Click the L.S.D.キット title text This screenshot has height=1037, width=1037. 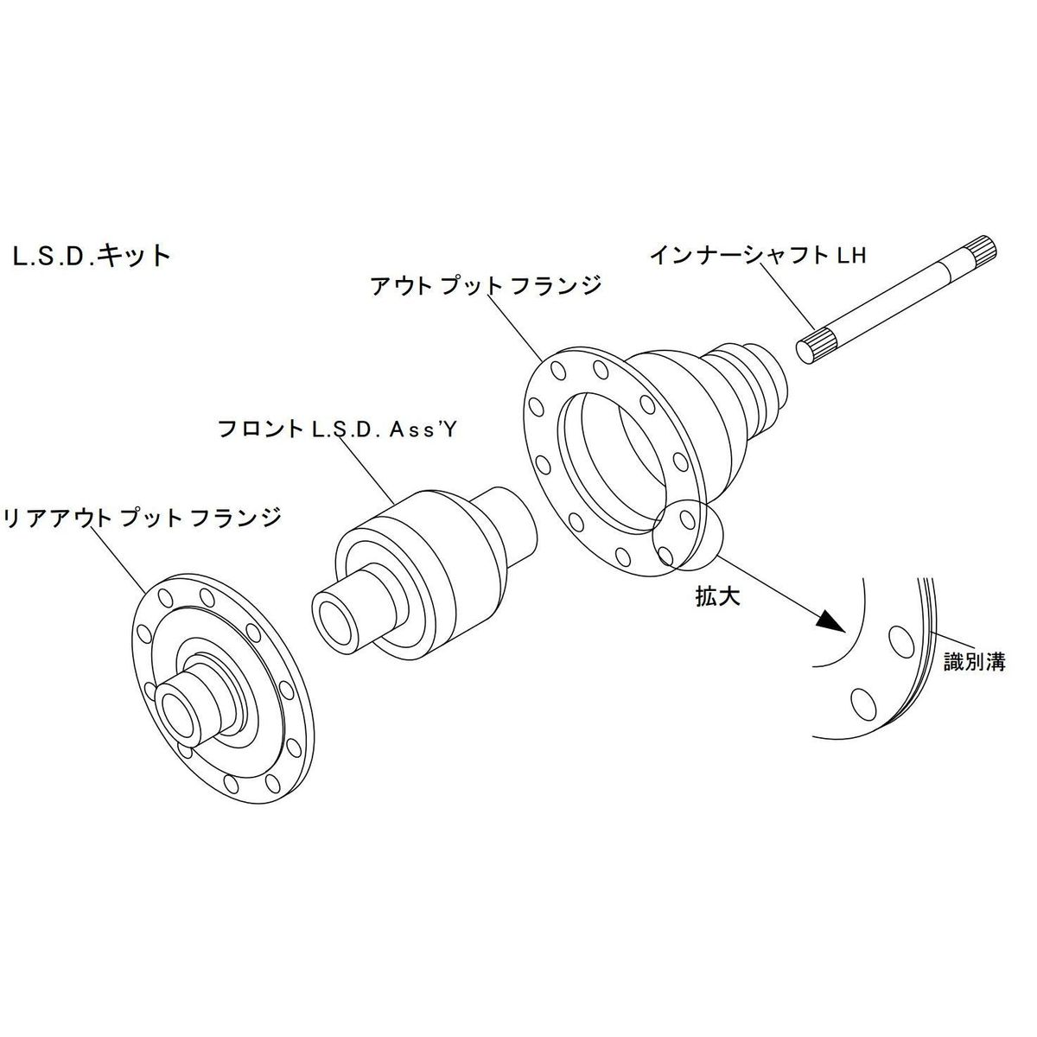(92, 257)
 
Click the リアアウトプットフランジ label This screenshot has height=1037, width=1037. (143, 517)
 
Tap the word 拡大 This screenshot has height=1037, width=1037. (718, 596)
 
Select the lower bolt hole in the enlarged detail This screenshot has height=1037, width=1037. (860, 697)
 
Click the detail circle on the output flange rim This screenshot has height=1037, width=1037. (687, 536)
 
